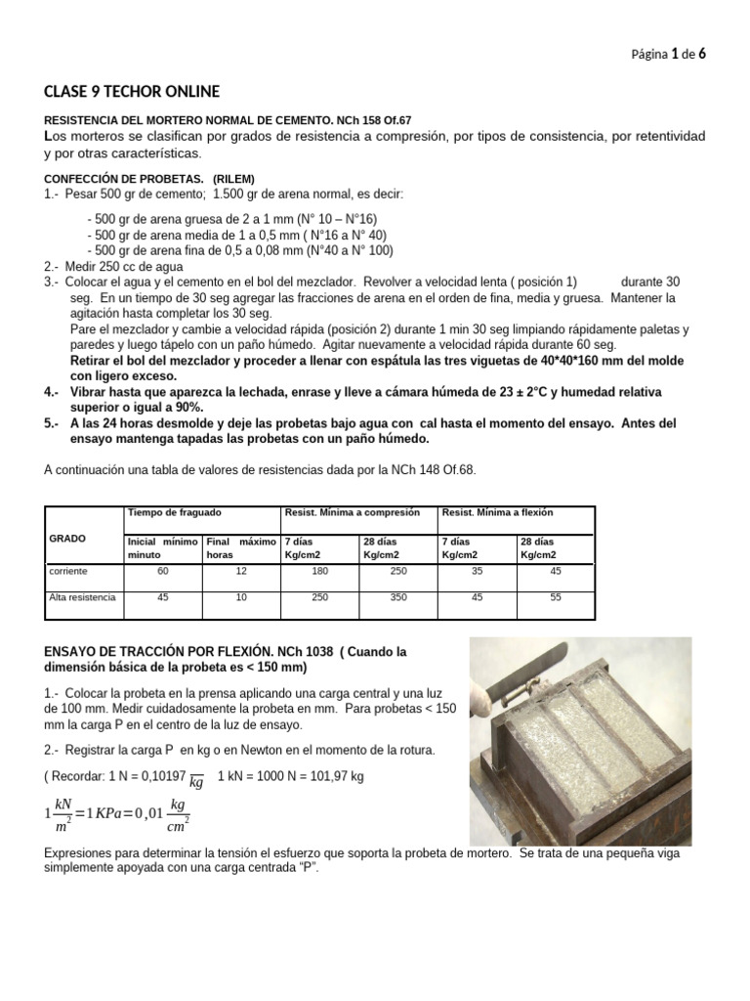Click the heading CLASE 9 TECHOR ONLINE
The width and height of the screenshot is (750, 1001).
(132, 92)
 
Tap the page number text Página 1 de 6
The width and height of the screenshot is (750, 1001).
(669, 55)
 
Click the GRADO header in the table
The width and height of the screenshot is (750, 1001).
(67, 539)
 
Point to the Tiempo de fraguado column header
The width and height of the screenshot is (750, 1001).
(175, 512)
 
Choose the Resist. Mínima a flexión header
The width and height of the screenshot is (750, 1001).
(497, 512)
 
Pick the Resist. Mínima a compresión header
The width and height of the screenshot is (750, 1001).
(352, 512)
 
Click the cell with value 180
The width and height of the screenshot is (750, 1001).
(319, 571)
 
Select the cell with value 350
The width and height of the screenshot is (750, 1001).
(398, 597)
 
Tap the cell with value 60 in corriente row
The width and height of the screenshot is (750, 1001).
(163, 571)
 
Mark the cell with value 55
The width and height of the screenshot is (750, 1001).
(556, 597)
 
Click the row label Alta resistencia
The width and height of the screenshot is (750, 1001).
(82, 597)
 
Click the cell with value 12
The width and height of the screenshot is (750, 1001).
(241, 571)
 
